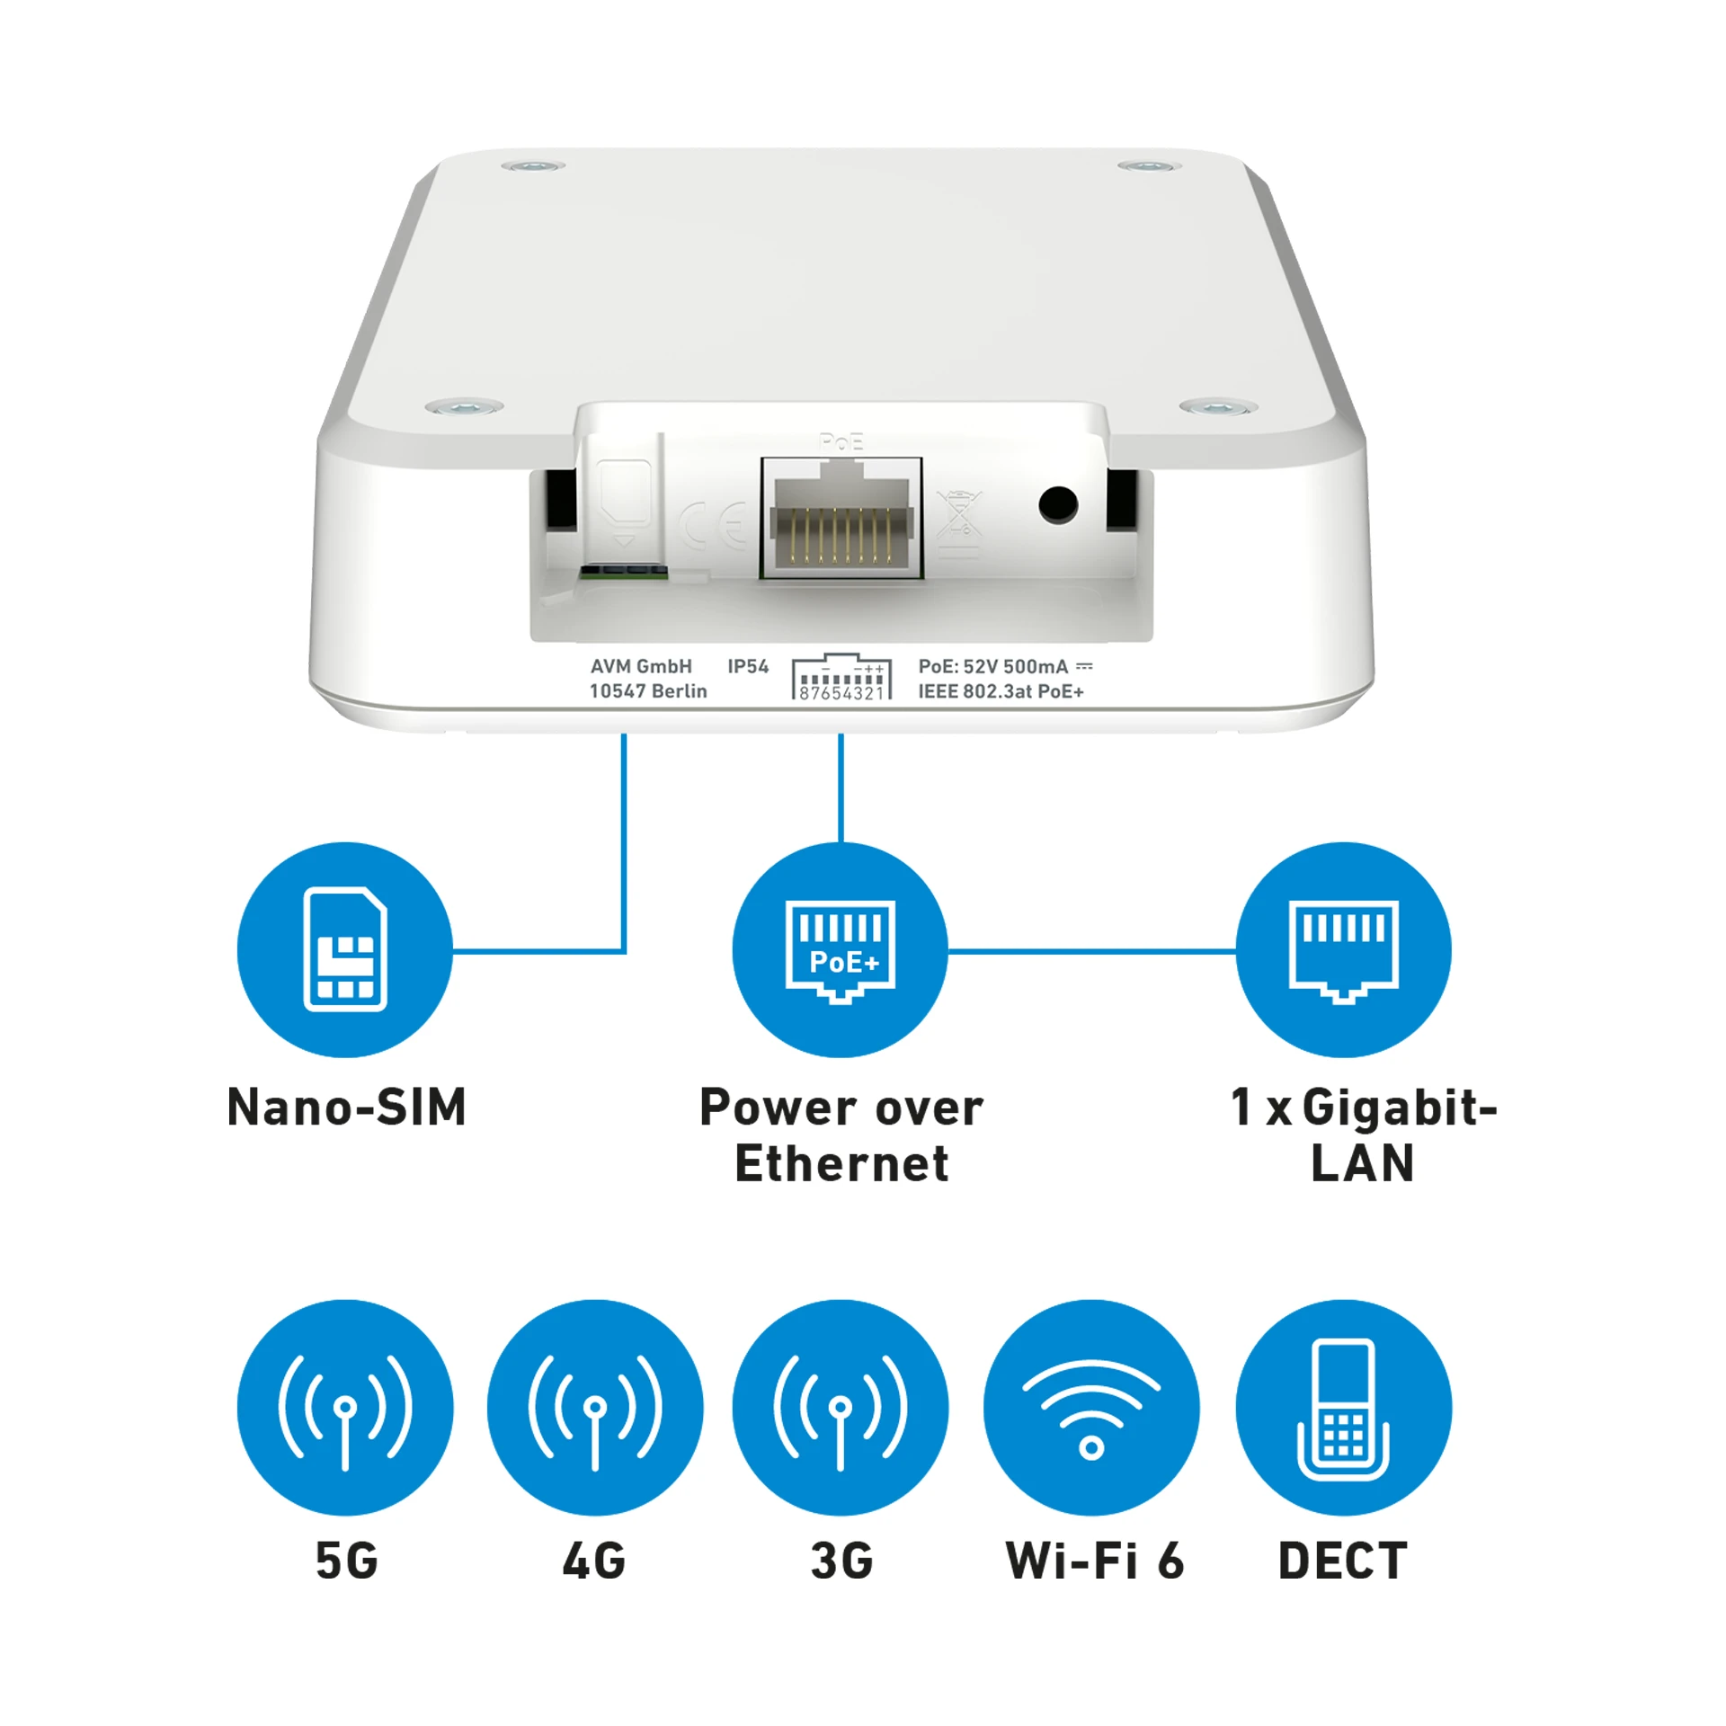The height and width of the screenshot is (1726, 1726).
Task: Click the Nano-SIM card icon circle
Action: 345,949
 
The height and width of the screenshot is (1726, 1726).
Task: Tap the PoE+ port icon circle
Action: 840,949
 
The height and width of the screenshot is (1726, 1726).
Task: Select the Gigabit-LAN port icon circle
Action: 1343,949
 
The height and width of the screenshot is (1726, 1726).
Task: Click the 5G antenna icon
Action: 345,1408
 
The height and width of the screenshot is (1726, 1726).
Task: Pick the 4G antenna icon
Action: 595,1408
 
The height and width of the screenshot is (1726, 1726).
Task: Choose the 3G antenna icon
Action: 840,1408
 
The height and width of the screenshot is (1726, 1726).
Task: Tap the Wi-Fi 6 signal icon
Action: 1091,1408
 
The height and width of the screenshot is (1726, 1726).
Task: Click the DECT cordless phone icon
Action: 1343,1408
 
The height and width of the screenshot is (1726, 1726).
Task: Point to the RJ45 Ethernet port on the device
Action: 841,518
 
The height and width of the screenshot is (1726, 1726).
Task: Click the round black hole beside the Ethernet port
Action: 1057,504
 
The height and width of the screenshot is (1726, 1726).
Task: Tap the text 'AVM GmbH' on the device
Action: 641,666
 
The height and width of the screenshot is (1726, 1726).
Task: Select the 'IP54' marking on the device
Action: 748,666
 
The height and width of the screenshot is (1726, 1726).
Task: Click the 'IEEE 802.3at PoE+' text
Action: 1001,691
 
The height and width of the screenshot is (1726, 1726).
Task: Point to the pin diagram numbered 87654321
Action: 841,677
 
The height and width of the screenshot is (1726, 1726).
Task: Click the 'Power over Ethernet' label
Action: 841,1134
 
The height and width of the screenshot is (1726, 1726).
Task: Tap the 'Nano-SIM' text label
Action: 346,1107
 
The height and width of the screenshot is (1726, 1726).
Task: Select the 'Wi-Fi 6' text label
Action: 1094,1561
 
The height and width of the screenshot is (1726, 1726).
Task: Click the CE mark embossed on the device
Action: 714,526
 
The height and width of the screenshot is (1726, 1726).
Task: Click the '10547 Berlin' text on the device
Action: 648,691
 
